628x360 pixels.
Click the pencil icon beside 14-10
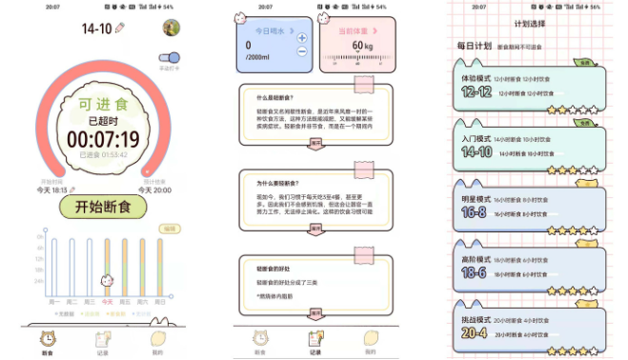(x=120, y=29)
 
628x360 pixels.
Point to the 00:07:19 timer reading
(x=102, y=139)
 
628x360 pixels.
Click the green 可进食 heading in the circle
(x=102, y=104)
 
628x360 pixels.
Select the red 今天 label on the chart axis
(x=108, y=302)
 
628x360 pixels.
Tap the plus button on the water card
(x=302, y=38)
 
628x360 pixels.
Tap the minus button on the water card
(x=302, y=51)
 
